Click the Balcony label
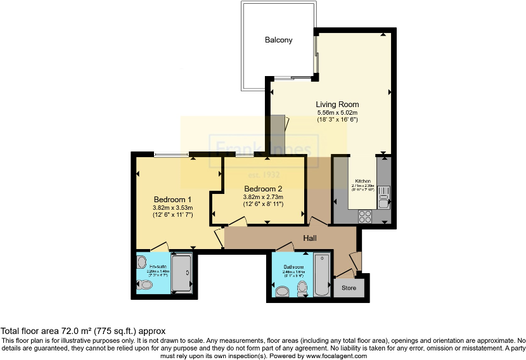pyautogui.click(x=278, y=40)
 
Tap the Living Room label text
pyautogui.click(x=337, y=105)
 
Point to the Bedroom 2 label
pyautogui.click(x=263, y=188)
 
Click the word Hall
pyautogui.click(x=309, y=238)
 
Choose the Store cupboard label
pyautogui.click(x=349, y=288)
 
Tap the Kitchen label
pyautogui.click(x=363, y=179)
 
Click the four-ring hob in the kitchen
pyautogui.click(x=365, y=214)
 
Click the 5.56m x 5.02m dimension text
pyautogui.click(x=337, y=113)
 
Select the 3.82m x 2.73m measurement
pyautogui.click(x=263, y=197)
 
